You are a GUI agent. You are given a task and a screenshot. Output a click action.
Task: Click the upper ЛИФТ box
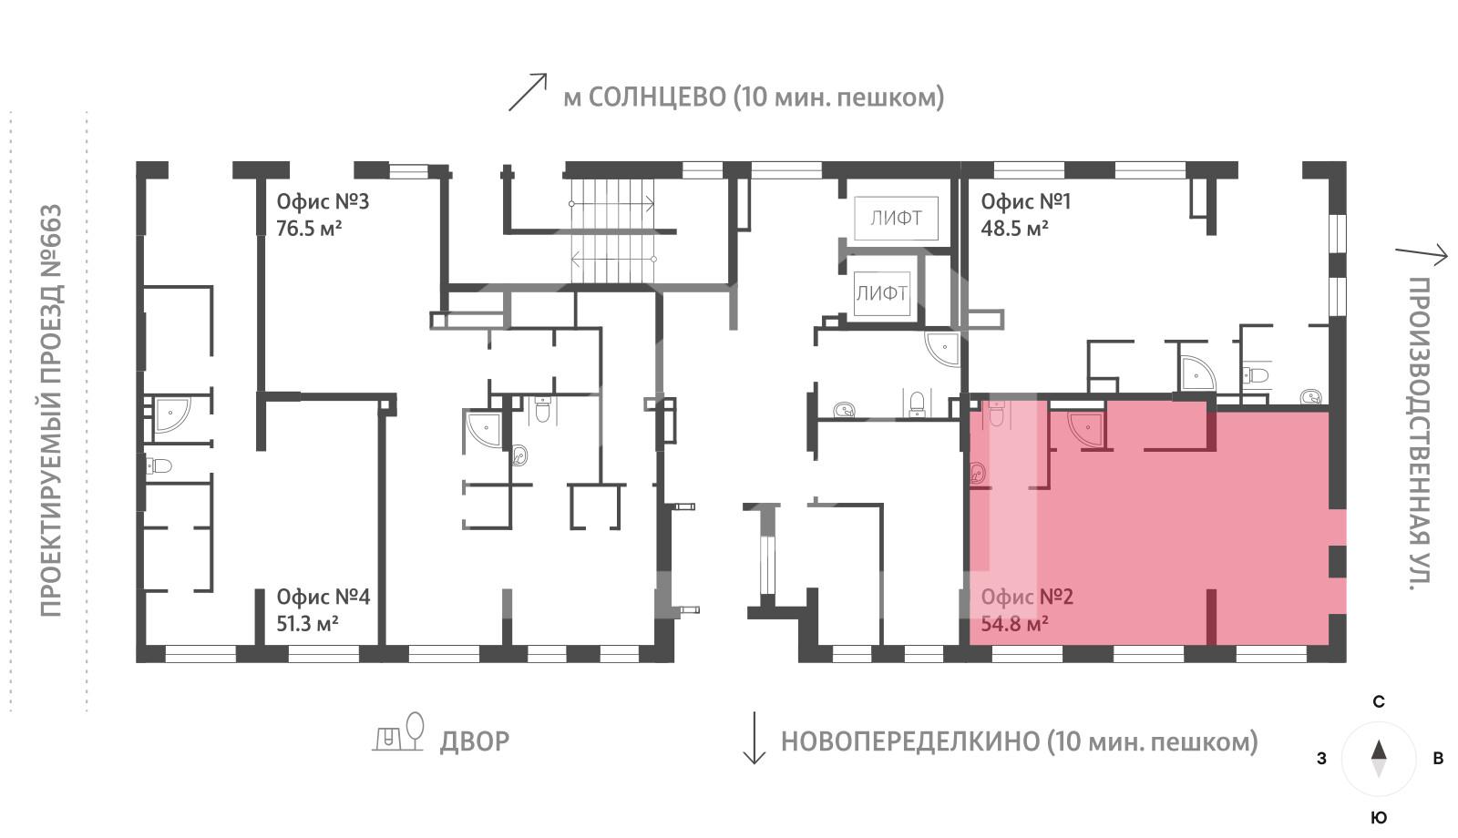pos(896,218)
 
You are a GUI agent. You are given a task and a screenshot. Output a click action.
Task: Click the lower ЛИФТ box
pos(881,293)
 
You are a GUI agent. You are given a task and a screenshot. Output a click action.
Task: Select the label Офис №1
pos(1025,201)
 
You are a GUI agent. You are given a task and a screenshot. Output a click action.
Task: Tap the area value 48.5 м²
pos(1013,229)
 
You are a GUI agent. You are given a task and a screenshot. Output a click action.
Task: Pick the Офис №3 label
pos(323,201)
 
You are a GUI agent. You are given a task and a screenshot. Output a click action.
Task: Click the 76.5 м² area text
pos(309,229)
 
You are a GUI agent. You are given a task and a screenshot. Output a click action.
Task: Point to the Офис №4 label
pos(323,597)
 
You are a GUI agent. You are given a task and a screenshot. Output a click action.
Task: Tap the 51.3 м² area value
pos(307,624)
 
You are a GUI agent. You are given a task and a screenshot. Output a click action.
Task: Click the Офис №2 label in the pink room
pos(1027,597)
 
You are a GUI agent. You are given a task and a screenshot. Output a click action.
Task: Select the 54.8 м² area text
pos(1013,624)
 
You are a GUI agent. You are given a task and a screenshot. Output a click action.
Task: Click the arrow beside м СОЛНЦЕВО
pos(527,92)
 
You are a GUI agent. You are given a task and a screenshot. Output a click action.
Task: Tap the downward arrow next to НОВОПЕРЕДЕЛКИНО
pos(754,738)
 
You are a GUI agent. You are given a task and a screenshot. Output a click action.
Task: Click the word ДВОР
pos(474,741)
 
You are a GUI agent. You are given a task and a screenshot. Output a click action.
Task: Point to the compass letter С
pos(1379,702)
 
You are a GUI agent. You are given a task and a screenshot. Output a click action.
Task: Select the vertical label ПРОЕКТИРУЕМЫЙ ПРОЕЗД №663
pos(51,410)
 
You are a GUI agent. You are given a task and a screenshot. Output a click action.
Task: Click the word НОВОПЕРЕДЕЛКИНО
pos(908,741)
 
